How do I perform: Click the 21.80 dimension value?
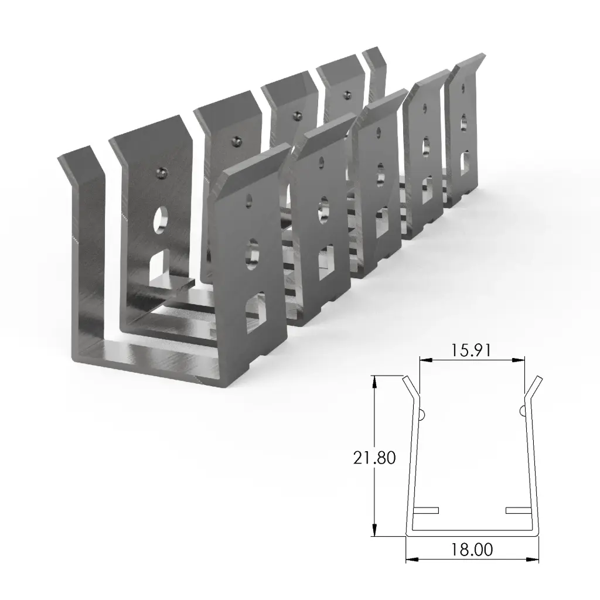coord(374,457)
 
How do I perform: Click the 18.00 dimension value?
coord(472,550)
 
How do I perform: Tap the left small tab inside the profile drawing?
coord(426,510)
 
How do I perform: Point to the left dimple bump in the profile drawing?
coord(422,414)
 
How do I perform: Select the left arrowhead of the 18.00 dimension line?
coord(410,559)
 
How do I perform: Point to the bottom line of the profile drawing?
coord(472,534)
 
